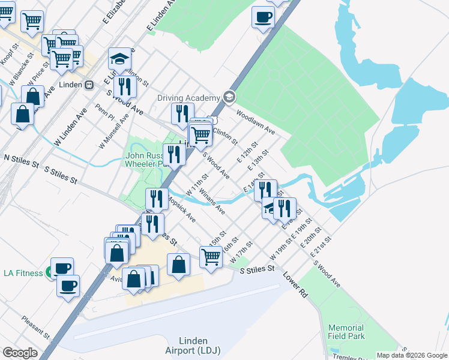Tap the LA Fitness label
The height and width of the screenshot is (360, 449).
coord(23,273)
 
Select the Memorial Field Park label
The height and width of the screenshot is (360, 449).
coord(346,332)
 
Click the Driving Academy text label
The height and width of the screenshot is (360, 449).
coord(188,98)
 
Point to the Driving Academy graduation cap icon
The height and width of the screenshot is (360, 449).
coord(228,97)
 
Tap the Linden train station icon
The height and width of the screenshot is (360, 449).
coord(88,85)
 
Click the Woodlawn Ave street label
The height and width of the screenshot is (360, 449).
coord(255,122)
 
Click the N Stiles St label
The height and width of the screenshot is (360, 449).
coord(21,159)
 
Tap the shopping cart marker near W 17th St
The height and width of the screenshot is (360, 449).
coord(211,256)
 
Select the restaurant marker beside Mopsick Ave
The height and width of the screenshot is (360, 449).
coord(157,199)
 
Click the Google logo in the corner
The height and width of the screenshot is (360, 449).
coord(20,353)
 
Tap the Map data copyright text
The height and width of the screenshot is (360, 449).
coord(411,355)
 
